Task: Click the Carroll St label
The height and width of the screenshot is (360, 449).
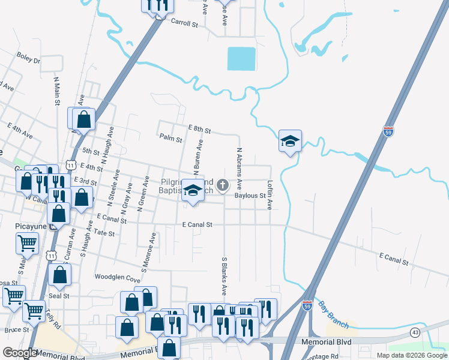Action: (x=184, y=23)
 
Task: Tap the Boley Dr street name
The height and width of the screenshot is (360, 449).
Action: (x=28, y=60)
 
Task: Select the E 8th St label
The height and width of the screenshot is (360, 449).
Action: (x=199, y=129)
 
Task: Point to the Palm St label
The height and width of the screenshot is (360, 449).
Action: (x=170, y=138)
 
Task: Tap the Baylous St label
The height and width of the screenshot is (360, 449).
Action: (x=250, y=196)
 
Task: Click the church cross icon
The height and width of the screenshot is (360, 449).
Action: (x=223, y=185)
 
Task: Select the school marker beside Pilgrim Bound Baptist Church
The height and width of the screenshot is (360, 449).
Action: (x=193, y=191)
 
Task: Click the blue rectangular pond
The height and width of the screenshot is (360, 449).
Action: (x=242, y=59)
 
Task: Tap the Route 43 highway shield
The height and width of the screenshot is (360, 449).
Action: (x=415, y=332)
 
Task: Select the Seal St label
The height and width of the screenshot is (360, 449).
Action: (x=59, y=296)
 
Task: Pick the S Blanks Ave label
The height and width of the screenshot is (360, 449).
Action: (x=224, y=277)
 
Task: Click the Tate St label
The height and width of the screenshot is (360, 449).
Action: (x=104, y=233)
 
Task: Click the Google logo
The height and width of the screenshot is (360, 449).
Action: (x=20, y=353)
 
